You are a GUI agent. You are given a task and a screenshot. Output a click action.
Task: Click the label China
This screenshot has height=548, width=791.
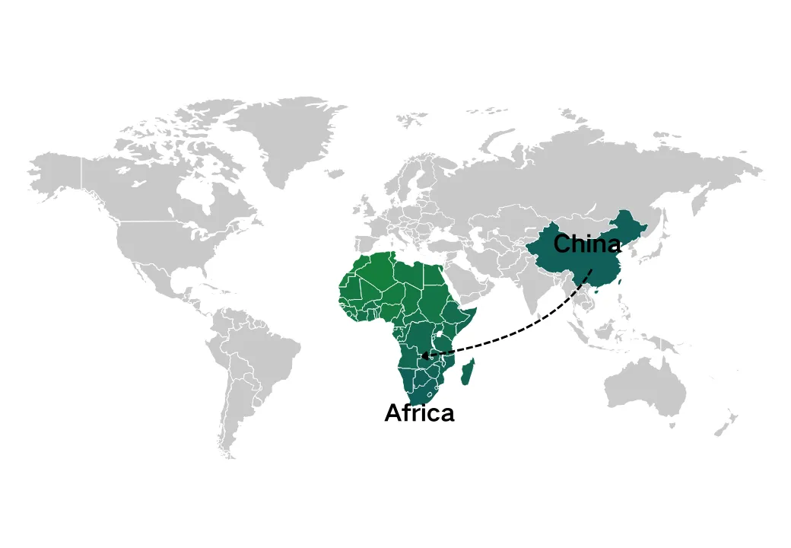click(x=586, y=245)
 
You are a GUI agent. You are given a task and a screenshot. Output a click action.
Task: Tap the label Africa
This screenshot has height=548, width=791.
click(x=419, y=413)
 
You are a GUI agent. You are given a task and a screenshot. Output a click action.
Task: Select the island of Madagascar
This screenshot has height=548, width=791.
click(x=470, y=374)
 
